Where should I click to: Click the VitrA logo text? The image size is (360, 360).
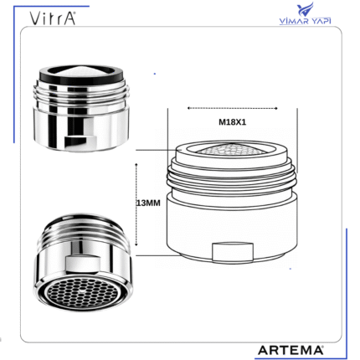pos(53,18)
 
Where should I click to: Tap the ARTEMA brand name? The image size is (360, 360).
pos(291,350)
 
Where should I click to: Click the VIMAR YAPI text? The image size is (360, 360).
pos(305,21)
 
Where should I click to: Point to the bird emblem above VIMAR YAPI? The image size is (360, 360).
pos(305,10)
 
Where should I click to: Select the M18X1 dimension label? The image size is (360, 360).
pos(232,122)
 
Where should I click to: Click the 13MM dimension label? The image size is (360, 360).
pos(148,203)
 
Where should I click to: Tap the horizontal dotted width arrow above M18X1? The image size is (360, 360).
pos(233,108)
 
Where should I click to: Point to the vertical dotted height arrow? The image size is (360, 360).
pos(136,204)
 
